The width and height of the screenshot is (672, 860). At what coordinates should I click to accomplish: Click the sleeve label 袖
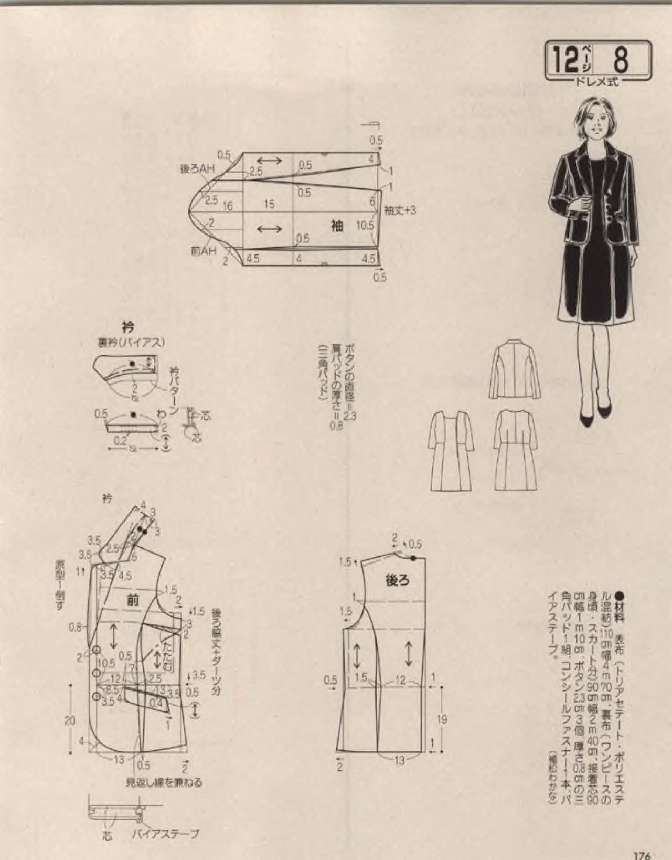(x=337, y=225)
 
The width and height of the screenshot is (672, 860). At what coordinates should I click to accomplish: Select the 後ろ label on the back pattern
(x=397, y=580)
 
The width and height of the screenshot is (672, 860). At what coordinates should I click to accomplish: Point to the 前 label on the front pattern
(x=133, y=601)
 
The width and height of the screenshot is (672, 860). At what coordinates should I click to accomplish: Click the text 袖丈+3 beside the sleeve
(x=400, y=210)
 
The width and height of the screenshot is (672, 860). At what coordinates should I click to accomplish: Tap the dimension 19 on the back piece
(x=442, y=719)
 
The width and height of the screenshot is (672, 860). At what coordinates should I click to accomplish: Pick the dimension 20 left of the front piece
(x=70, y=721)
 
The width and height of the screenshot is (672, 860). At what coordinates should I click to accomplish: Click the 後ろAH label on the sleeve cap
(x=197, y=169)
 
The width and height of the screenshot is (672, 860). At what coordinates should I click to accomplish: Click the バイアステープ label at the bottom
(x=165, y=834)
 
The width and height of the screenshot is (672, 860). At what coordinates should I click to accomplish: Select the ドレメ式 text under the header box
(x=598, y=82)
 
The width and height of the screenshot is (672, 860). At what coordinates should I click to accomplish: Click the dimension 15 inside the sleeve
(x=269, y=204)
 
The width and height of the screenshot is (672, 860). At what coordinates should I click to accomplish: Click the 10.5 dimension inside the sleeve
(x=365, y=226)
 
